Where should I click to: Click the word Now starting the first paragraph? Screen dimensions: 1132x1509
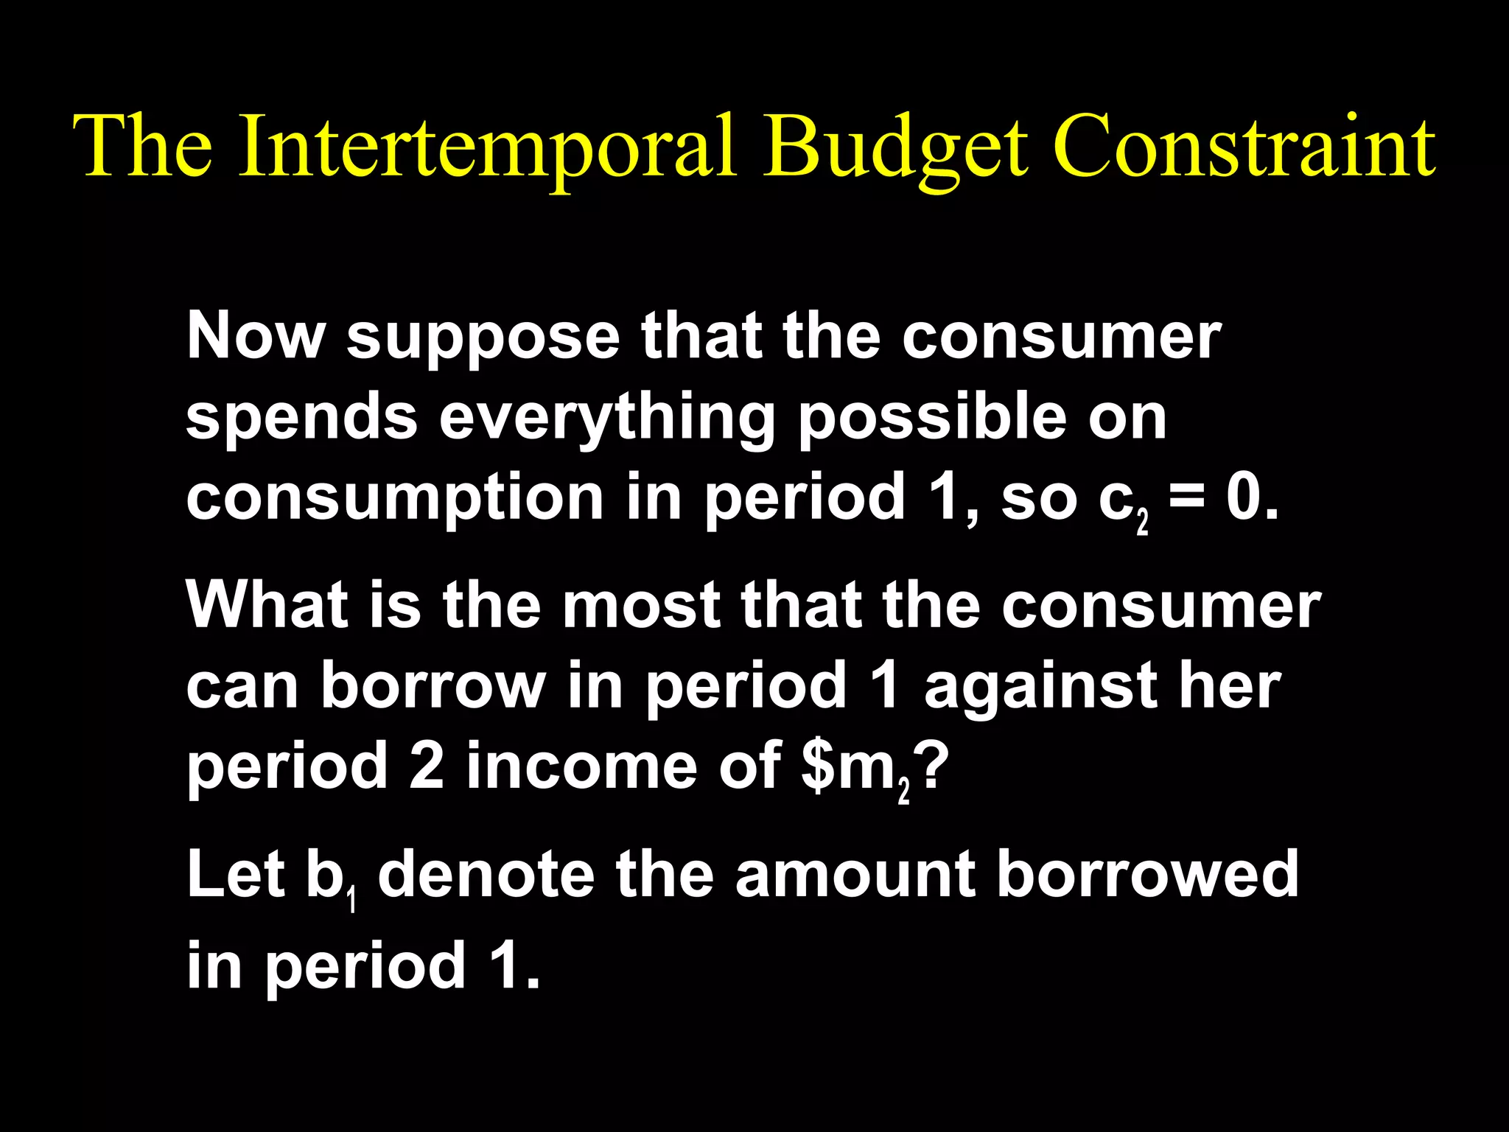pyautogui.click(x=255, y=336)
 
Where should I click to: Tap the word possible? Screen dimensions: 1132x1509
pyautogui.click(x=933, y=419)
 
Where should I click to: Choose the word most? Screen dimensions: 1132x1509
pyautogui.click(x=641, y=606)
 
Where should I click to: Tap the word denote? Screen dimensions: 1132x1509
pyautogui.click(x=486, y=874)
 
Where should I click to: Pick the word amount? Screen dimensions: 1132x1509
pyautogui.click(x=855, y=876)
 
